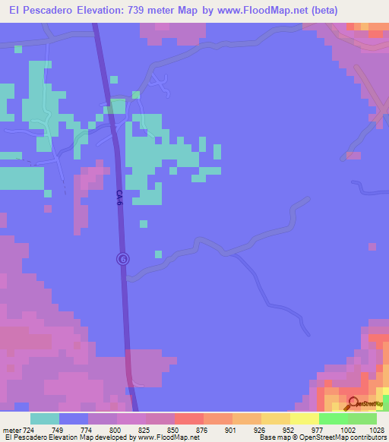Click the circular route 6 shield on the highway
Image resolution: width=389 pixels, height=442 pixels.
click(x=124, y=259)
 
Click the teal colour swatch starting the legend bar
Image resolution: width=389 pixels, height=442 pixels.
click(x=45, y=418)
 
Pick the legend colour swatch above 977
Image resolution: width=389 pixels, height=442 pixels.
click(x=304, y=418)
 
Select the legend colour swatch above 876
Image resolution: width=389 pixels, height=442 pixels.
click(x=188, y=418)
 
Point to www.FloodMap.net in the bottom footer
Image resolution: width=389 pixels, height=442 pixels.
click(x=167, y=437)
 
